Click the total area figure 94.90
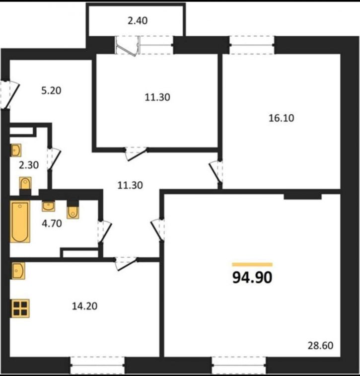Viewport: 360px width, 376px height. (252, 278)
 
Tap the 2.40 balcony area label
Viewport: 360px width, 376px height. (138, 21)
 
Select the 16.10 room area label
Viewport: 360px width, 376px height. (281, 118)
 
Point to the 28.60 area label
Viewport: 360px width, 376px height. (320, 346)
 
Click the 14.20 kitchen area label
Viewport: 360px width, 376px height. (84, 306)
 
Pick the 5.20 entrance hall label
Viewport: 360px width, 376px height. (51, 90)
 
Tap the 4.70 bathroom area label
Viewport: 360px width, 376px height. (52, 224)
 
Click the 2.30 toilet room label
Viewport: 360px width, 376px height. (29, 165)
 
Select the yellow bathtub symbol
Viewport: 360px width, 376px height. (20, 222)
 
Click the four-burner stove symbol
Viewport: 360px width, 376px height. (20, 308)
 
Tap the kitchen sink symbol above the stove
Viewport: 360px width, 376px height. (18, 271)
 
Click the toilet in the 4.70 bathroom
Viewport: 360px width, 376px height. (72, 210)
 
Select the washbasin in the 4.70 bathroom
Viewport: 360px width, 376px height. (49, 207)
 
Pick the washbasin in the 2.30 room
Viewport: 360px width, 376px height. (16, 150)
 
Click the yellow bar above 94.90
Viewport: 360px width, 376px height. (252, 265)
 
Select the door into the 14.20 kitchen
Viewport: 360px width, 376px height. (126, 264)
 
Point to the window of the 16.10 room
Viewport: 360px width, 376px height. (252, 45)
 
